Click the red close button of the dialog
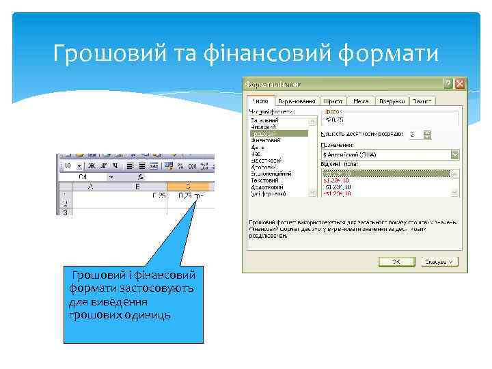click(x=460, y=83)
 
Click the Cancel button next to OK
click(x=439, y=262)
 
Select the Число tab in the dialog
click(x=261, y=101)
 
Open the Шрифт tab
click(x=333, y=101)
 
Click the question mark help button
click(x=448, y=83)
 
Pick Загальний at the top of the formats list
click(x=264, y=120)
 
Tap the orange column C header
click(x=188, y=185)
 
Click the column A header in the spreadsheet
click(x=91, y=185)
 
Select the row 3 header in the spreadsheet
click(x=65, y=213)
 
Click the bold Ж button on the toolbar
click(x=91, y=166)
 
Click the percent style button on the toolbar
click(x=180, y=166)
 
